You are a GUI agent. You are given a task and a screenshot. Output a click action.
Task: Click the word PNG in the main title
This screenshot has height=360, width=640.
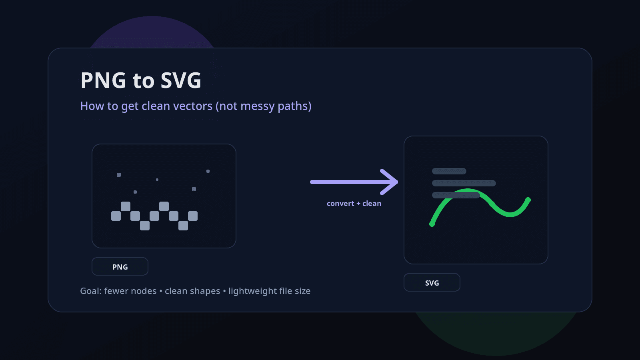point(103,80)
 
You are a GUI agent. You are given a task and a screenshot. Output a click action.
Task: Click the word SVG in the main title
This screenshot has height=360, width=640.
point(181,80)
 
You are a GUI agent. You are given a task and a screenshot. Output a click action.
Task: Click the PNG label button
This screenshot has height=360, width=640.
point(120,267)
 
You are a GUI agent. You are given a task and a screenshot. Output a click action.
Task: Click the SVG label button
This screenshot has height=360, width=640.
point(432,283)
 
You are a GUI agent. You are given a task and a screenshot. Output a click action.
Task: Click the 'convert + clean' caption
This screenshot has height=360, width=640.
point(354,204)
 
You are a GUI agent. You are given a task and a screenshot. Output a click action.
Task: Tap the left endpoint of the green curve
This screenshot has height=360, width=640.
point(432,224)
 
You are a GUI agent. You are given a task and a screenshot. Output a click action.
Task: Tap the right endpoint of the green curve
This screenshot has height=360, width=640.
point(528,200)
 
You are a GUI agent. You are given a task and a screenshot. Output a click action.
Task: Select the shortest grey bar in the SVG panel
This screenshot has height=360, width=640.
point(449,171)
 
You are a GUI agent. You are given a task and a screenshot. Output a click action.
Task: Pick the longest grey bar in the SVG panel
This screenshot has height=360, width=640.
point(464,183)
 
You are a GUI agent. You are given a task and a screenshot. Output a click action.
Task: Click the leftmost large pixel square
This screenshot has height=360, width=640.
point(116,216)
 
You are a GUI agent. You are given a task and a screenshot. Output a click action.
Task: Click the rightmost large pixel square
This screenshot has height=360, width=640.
point(193,216)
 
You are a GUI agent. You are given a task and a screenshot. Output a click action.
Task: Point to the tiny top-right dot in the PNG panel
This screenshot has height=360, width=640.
point(208,171)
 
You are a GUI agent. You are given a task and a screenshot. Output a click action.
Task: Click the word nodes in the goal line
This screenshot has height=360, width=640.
point(144,291)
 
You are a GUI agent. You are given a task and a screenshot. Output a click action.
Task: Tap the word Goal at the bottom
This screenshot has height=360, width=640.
point(90,291)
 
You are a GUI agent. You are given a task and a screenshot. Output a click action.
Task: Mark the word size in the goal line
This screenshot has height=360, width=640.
point(302,291)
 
